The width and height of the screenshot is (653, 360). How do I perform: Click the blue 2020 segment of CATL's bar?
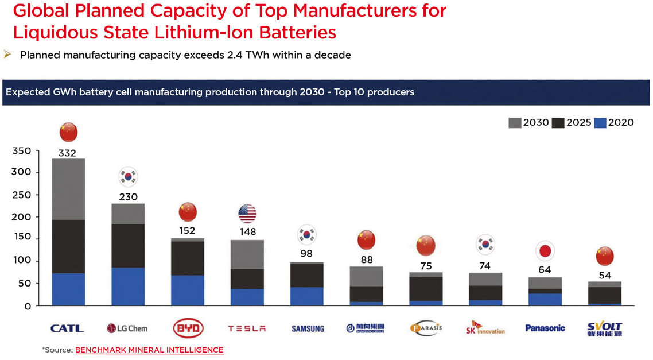(68, 289)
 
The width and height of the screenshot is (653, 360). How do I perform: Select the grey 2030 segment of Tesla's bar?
(247, 254)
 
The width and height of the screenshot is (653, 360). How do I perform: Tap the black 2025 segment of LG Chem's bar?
(128, 246)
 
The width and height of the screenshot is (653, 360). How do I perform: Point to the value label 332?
(68, 153)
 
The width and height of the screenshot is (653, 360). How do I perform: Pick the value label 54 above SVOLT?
(604, 274)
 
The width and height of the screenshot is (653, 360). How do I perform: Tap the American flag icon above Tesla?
(247, 214)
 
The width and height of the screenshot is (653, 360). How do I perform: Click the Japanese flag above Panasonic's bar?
(545, 251)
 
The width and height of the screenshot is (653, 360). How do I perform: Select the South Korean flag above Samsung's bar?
(307, 234)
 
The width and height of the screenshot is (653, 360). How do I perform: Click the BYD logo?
(188, 328)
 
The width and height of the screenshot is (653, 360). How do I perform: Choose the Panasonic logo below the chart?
(545, 328)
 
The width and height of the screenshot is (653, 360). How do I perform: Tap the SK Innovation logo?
(485, 328)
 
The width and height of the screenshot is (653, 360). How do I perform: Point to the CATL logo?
(67, 328)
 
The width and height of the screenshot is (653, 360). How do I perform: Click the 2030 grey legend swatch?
(514, 122)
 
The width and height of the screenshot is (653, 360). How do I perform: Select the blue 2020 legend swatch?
(599, 122)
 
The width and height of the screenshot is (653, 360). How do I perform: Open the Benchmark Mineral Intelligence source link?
(149, 350)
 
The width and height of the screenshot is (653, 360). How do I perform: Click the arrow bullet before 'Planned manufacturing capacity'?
(7, 55)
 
